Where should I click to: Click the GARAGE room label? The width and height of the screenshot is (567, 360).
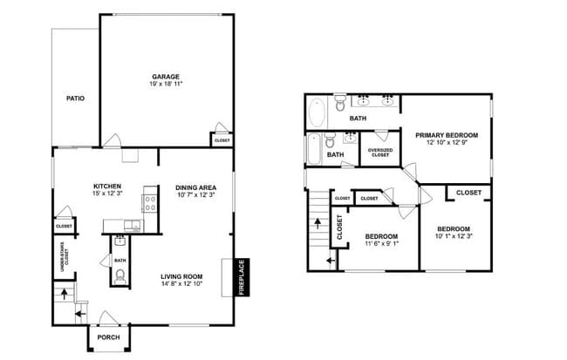[166, 76]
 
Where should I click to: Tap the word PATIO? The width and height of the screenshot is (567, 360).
[76, 98]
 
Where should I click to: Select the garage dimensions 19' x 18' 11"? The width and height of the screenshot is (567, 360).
[166, 85]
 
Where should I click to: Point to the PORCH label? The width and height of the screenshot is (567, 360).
[108, 337]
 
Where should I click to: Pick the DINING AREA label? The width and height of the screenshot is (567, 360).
[195, 187]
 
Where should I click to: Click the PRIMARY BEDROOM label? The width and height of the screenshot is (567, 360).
[447, 135]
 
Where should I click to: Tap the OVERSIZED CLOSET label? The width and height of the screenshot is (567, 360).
[379, 153]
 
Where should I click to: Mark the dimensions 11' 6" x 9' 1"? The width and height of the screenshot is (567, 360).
[381, 244]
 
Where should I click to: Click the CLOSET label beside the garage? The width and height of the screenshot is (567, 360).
[222, 139]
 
